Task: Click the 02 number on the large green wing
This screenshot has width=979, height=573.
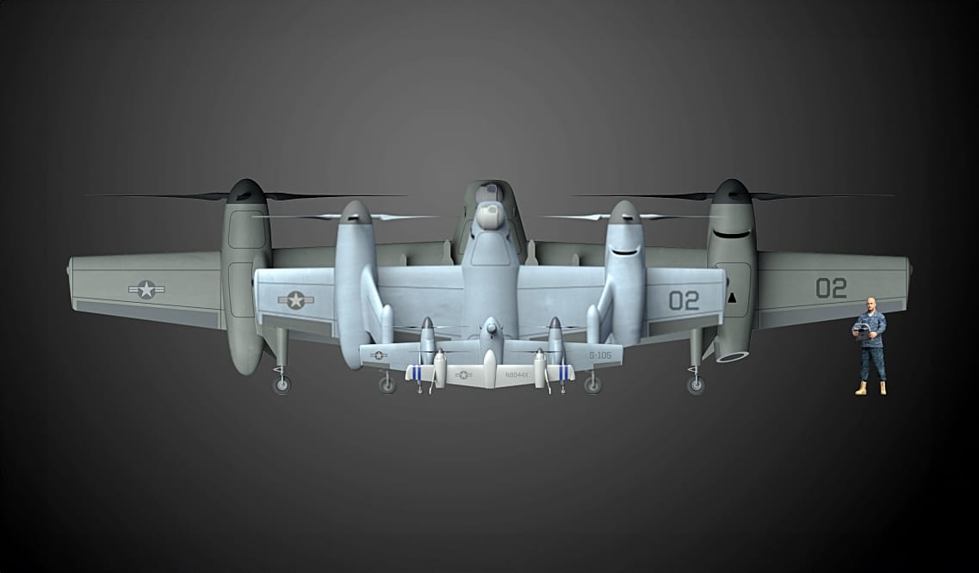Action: [x=831, y=288]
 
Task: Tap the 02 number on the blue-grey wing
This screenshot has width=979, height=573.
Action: [x=684, y=300]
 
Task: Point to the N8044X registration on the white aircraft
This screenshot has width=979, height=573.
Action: [x=517, y=375]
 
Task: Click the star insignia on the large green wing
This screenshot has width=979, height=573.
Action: [x=146, y=290]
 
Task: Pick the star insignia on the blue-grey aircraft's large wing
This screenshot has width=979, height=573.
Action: [x=296, y=300]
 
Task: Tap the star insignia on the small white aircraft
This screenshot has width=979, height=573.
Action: [x=463, y=375]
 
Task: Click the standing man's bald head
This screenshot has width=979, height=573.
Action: [x=871, y=305]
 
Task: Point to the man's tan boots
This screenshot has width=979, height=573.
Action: [x=871, y=389]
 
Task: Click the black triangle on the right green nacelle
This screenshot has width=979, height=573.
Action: [x=732, y=298]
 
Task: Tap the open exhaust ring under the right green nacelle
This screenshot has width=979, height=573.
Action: [x=731, y=354]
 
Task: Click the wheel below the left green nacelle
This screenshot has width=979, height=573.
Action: [x=282, y=385]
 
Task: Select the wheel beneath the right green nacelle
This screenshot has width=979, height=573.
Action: [x=695, y=385]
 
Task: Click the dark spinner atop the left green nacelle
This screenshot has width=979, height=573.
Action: [x=245, y=190]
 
